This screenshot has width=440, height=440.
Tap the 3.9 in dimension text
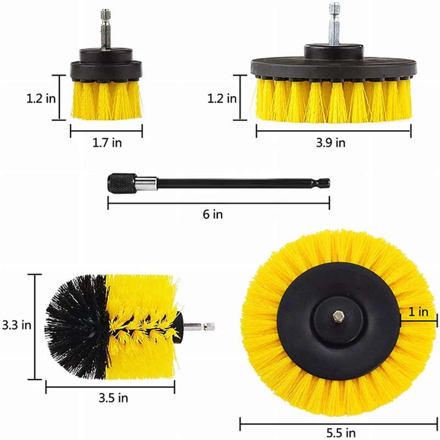pyautogui.click(x=332, y=143)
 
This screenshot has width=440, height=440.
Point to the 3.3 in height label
pyautogui.click(x=16, y=325)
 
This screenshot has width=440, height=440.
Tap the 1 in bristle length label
pyautogui.click(x=419, y=312)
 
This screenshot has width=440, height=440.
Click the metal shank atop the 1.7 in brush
pyautogui.click(x=106, y=30)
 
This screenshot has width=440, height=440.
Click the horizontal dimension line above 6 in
pyautogui.click(x=218, y=204)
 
